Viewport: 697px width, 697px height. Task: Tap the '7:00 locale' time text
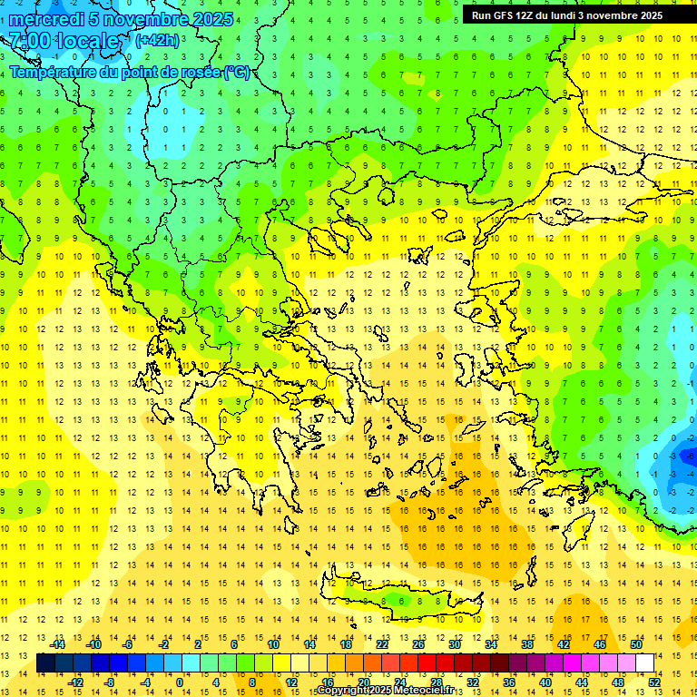pos(64,41)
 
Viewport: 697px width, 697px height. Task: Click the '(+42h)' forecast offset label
pos(157,40)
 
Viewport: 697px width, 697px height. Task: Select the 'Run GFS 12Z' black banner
pos(567,15)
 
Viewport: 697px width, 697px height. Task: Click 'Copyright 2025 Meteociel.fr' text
pos(398,691)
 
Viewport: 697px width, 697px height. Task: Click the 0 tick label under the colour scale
pos(179,682)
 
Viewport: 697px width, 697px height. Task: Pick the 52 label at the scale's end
pos(654,682)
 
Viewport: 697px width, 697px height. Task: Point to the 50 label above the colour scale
pos(636,644)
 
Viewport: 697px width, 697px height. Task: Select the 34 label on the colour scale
pos(491,644)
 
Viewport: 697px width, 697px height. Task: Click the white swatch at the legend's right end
pos(644,663)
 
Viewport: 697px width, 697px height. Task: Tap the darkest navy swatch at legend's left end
pos(45,663)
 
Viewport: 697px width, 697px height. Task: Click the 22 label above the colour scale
pos(382,644)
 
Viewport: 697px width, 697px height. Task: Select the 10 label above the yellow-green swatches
pos(273,644)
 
